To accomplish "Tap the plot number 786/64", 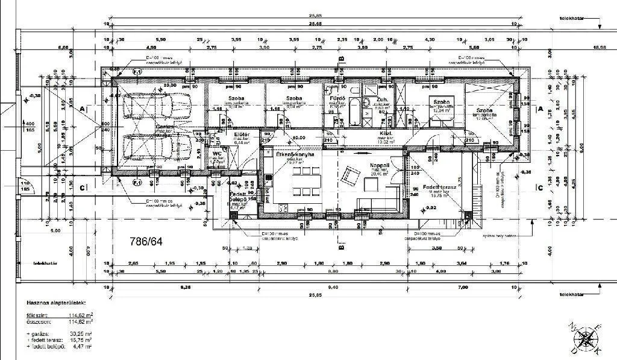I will pyautogui.click(x=146, y=241).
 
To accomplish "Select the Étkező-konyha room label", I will pyautogui.click(x=295, y=155).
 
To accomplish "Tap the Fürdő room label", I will pyautogui.click(x=335, y=98).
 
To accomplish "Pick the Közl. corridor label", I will pyautogui.click(x=386, y=133).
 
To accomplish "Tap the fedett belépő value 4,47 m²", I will pyautogui.click(x=82, y=347).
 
